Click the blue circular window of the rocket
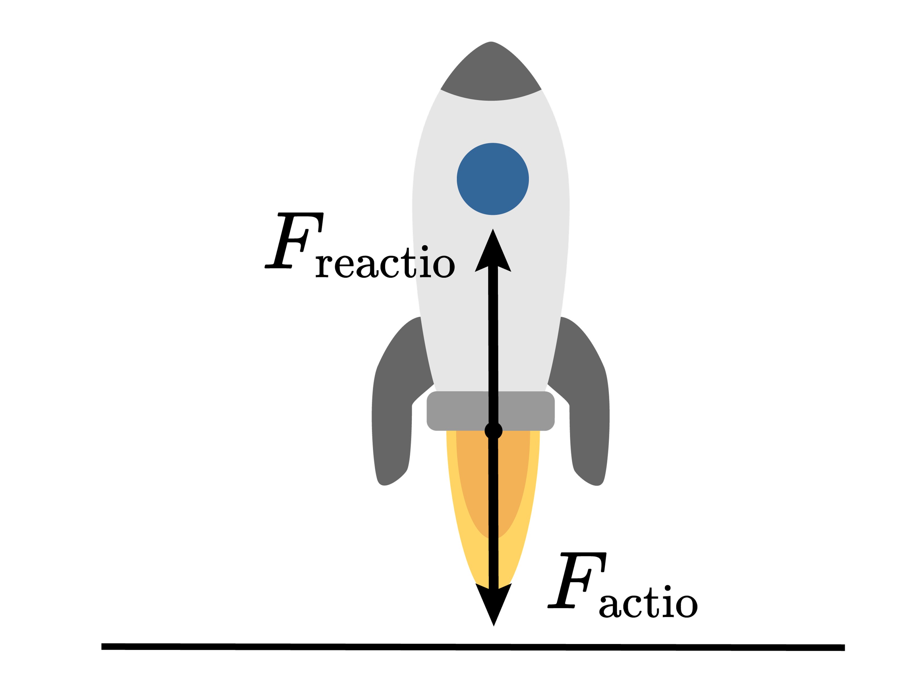492,179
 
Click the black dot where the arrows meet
494,431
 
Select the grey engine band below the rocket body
458,411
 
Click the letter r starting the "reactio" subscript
324,266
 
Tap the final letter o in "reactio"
444,266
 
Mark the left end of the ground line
103,647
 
